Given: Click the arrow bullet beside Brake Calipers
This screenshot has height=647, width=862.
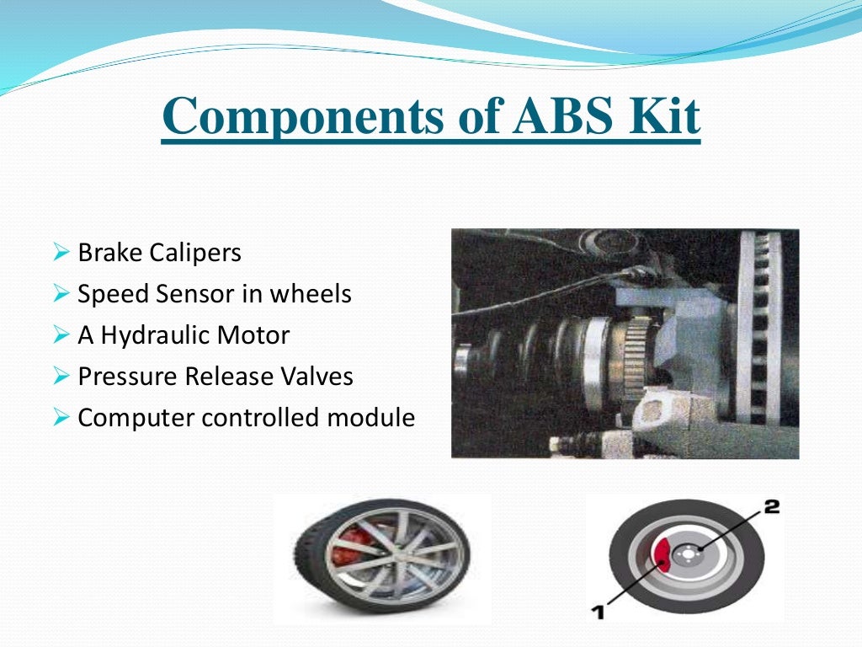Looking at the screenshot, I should [x=60, y=253].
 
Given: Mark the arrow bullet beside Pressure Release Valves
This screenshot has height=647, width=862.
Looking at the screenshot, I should [x=60, y=377].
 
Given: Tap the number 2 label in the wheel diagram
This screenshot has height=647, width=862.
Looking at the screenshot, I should [x=771, y=507].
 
